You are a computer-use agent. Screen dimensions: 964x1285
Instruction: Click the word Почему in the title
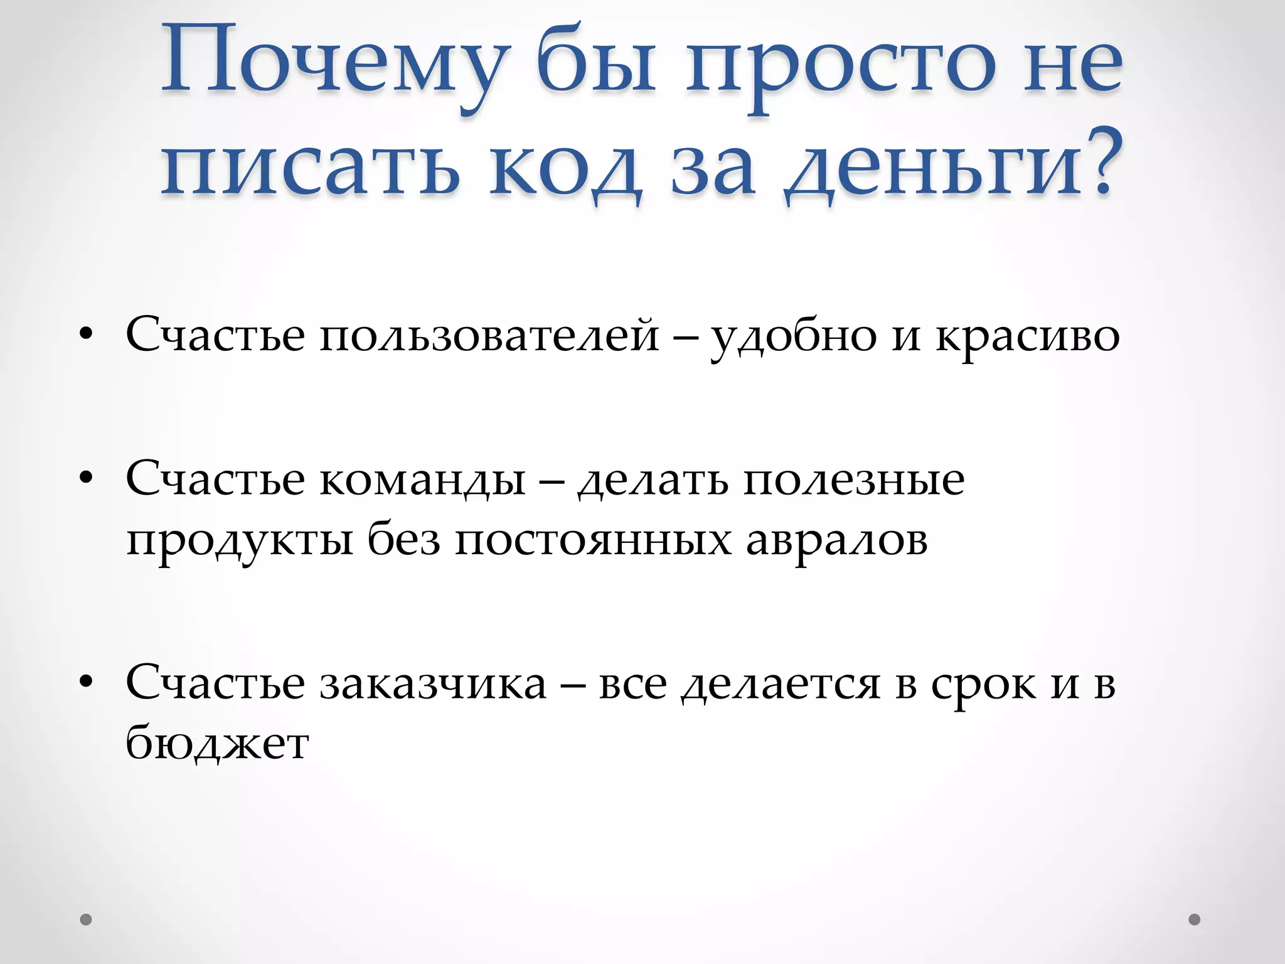pos(333,66)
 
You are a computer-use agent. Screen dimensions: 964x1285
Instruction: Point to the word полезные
pos(854,480)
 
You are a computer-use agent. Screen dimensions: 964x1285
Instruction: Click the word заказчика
pos(433,683)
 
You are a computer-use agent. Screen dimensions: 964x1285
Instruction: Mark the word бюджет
pos(217,744)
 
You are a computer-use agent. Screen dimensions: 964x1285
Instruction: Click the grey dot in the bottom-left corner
pos(86,919)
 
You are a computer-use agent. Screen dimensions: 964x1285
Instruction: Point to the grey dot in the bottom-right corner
pos(1194,919)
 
